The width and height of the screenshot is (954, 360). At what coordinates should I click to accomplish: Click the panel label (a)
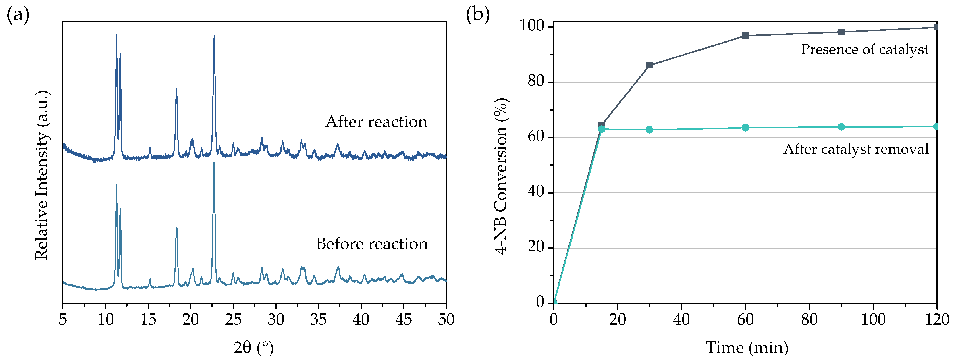18,15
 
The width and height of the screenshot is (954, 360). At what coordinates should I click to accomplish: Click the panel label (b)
478,15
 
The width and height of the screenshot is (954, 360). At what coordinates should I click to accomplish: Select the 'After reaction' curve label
376,122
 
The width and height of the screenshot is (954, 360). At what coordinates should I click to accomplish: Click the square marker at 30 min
650,66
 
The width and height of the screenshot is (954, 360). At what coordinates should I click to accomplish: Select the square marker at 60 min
745,36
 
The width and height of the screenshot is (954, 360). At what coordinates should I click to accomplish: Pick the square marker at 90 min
841,32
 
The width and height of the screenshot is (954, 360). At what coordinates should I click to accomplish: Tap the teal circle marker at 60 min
745,128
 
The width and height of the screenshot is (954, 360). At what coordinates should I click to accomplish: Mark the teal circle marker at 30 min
650,130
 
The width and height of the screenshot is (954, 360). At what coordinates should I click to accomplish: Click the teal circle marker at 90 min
841,127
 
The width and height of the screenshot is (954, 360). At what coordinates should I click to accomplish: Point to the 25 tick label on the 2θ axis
233,319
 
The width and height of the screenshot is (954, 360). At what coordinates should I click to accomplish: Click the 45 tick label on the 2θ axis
403,319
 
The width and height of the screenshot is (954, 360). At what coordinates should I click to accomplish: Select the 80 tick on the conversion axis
535,82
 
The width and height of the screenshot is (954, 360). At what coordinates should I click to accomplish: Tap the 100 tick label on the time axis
873,319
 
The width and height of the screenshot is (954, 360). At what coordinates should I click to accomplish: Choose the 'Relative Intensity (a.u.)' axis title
42,175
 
